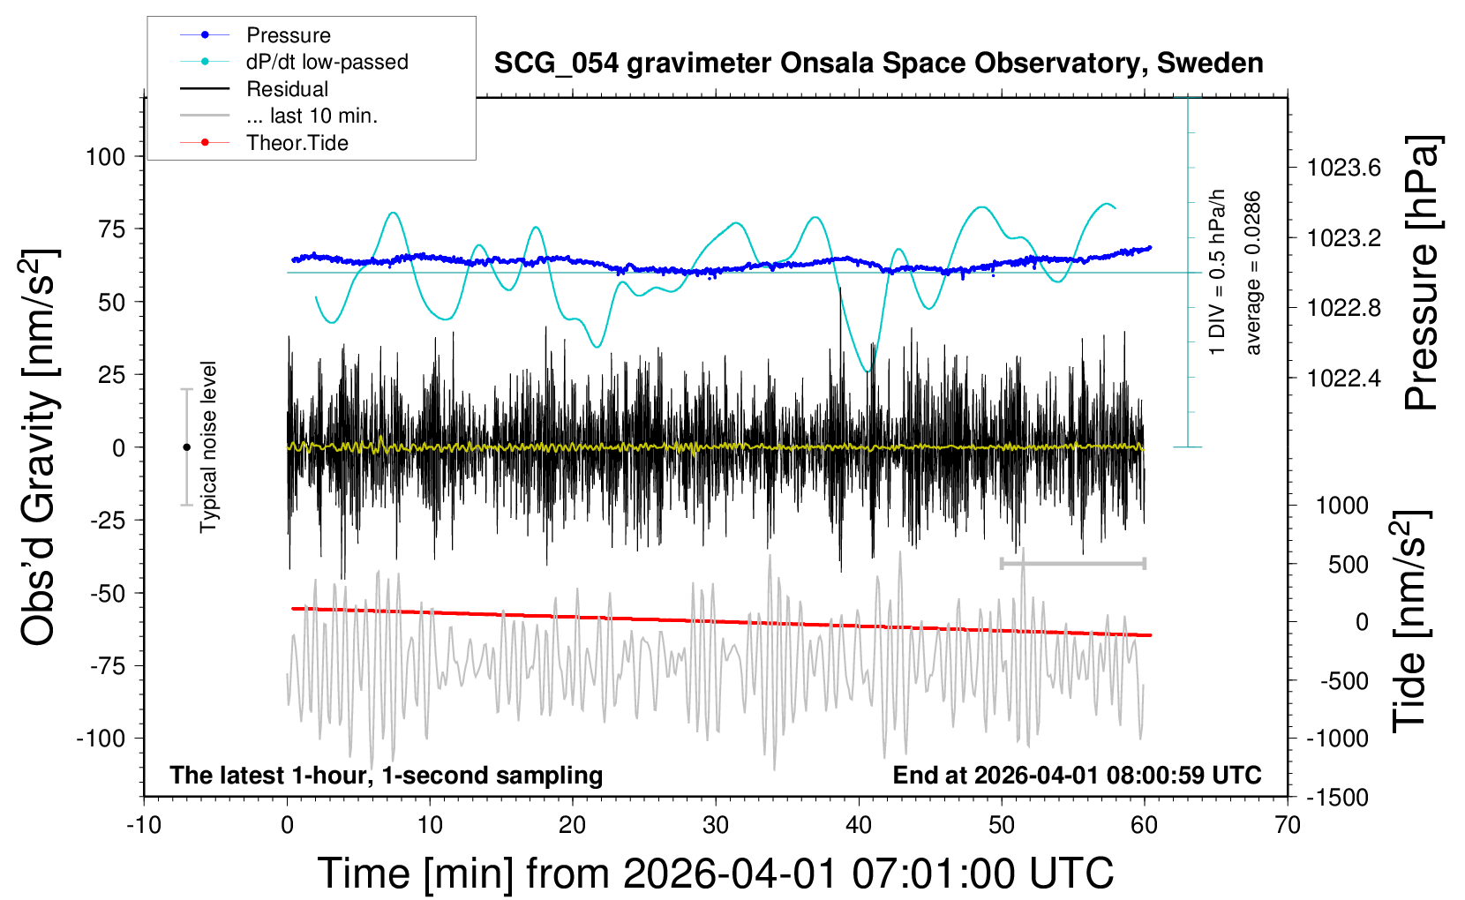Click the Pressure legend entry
click(288, 35)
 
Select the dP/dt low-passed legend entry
click(327, 62)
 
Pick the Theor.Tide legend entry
click(297, 143)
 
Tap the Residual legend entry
click(287, 89)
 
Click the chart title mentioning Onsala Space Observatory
click(878, 64)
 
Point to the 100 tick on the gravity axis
click(106, 157)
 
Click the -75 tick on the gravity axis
click(108, 666)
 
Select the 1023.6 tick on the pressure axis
click(1343, 168)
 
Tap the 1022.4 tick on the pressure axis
click(1343, 379)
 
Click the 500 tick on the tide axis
click(1349, 565)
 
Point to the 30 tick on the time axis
click(716, 826)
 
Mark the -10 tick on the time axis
click(144, 826)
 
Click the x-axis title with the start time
click(716, 874)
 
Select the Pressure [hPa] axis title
click(1423, 274)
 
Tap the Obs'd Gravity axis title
click(40, 447)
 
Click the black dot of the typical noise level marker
click(186, 447)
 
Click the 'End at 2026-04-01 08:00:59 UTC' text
click(1077, 776)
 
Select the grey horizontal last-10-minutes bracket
click(1072, 563)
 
